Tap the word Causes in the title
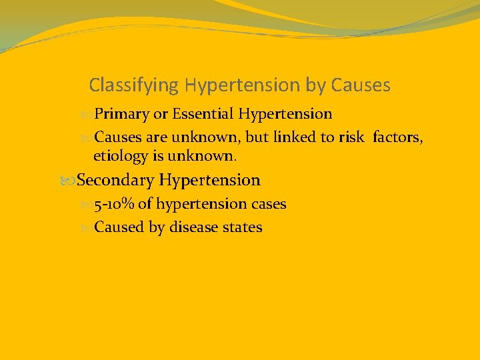(360, 85)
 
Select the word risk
(351, 137)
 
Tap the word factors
(398, 137)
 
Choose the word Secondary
(116, 180)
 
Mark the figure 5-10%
(114, 204)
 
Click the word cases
(269, 204)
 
